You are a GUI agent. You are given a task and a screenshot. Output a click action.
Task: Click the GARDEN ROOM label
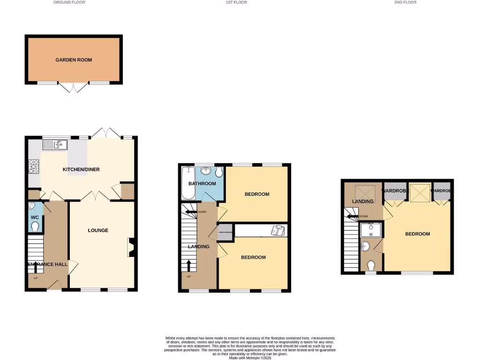coord(74,60)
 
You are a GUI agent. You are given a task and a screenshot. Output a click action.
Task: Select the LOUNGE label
coord(98,230)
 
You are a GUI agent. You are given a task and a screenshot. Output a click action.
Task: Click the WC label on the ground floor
coord(34,217)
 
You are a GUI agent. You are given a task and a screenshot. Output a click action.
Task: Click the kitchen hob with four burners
coord(34,165)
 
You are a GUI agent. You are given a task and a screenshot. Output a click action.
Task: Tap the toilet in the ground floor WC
coord(35,227)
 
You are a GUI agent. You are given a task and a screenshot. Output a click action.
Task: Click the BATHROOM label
coord(202,183)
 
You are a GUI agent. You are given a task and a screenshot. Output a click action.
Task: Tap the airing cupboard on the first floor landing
coord(224,233)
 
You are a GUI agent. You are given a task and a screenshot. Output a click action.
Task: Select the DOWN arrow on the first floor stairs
coord(192,212)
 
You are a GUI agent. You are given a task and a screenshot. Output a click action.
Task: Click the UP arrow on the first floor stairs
coord(188,266)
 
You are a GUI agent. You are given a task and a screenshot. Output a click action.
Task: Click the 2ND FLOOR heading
coord(405,2)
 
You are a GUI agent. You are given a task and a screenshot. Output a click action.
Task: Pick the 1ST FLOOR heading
coord(236,2)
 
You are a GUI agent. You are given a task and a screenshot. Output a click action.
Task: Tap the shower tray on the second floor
coord(371,230)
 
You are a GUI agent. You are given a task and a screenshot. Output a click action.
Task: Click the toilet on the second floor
coord(371,266)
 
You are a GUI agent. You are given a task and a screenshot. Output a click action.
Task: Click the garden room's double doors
coord(74,88)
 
